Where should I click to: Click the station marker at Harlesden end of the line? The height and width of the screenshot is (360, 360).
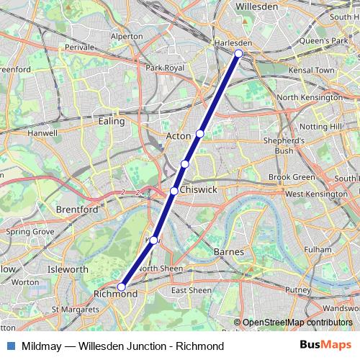click(238, 53)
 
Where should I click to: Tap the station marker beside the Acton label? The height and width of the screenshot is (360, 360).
click(199, 133)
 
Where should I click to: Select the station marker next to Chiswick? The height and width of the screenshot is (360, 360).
click(174, 191)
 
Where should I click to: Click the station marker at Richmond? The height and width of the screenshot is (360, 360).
click(121, 287)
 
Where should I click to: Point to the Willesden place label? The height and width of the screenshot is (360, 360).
click(257, 6)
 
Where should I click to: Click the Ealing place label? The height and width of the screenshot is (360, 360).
click(111, 122)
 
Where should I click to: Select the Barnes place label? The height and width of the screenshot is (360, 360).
click(230, 252)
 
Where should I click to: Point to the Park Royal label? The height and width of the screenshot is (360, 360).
click(165, 68)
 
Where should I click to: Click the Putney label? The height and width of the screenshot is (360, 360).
click(297, 289)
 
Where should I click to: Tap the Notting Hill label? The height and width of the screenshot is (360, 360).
click(320, 126)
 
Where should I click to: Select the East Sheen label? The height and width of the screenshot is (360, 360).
click(191, 290)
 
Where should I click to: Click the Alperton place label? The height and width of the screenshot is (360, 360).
click(127, 35)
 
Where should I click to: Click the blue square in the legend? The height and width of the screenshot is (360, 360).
click(9, 346)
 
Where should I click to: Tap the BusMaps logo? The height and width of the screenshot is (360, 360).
click(325, 346)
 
